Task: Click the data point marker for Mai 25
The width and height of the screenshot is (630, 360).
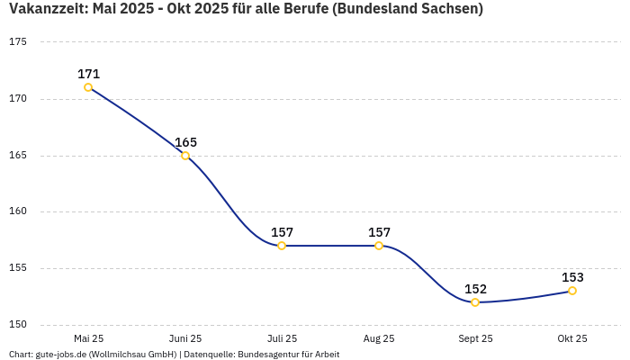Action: pyautogui.click(x=88, y=87)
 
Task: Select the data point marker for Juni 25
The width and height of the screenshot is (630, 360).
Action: pyautogui.click(x=185, y=156)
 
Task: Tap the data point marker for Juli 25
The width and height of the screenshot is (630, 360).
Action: pyautogui.click(x=282, y=246)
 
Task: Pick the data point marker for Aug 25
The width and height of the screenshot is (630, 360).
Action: pyautogui.click(x=379, y=246)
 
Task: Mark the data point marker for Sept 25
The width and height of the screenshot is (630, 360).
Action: pyautogui.click(x=475, y=302)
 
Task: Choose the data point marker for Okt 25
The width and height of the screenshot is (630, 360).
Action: pyautogui.click(x=572, y=291)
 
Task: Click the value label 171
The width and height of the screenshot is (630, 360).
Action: pyautogui.click(x=88, y=74)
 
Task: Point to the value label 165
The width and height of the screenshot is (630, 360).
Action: pyautogui.click(x=185, y=142)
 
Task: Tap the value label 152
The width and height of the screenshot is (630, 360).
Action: pyautogui.click(x=475, y=289)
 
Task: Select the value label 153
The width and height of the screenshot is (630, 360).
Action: pyautogui.click(x=572, y=277)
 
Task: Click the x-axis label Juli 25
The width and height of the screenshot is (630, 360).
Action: pyautogui.click(x=282, y=339)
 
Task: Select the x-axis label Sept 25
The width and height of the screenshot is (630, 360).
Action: pyautogui.click(x=475, y=339)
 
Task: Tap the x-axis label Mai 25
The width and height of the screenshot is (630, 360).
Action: pyautogui.click(x=88, y=339)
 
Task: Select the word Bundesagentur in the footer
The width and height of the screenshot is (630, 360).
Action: pyautogui.click(x=268, y=355)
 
